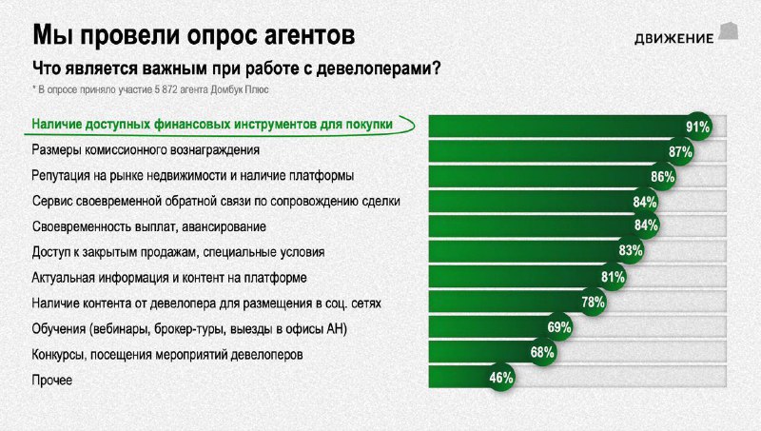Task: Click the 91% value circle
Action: (x=698, y=127)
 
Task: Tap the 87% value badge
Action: (x=680, y=151)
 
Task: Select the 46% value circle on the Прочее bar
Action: (x=501, y=377)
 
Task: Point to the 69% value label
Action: (x=558, y=327)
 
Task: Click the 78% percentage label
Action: (x=593, y=302)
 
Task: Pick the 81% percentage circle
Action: (x=613, y=277)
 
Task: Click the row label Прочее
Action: (x=52, y=380)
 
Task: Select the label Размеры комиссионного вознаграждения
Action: (x=146, y=150)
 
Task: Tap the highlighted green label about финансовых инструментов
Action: (x=212, y=125)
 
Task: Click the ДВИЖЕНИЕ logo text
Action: (x=673, y=38)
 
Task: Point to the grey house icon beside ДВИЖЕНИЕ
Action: (x=729, y=30)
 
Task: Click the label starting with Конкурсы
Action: (x=167, y=354)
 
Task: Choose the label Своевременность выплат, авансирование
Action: (x=149, y=226)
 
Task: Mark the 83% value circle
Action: (x=631, y=250)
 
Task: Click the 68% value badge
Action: (x=542, y=352)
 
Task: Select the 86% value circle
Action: (x=662, y=176)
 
